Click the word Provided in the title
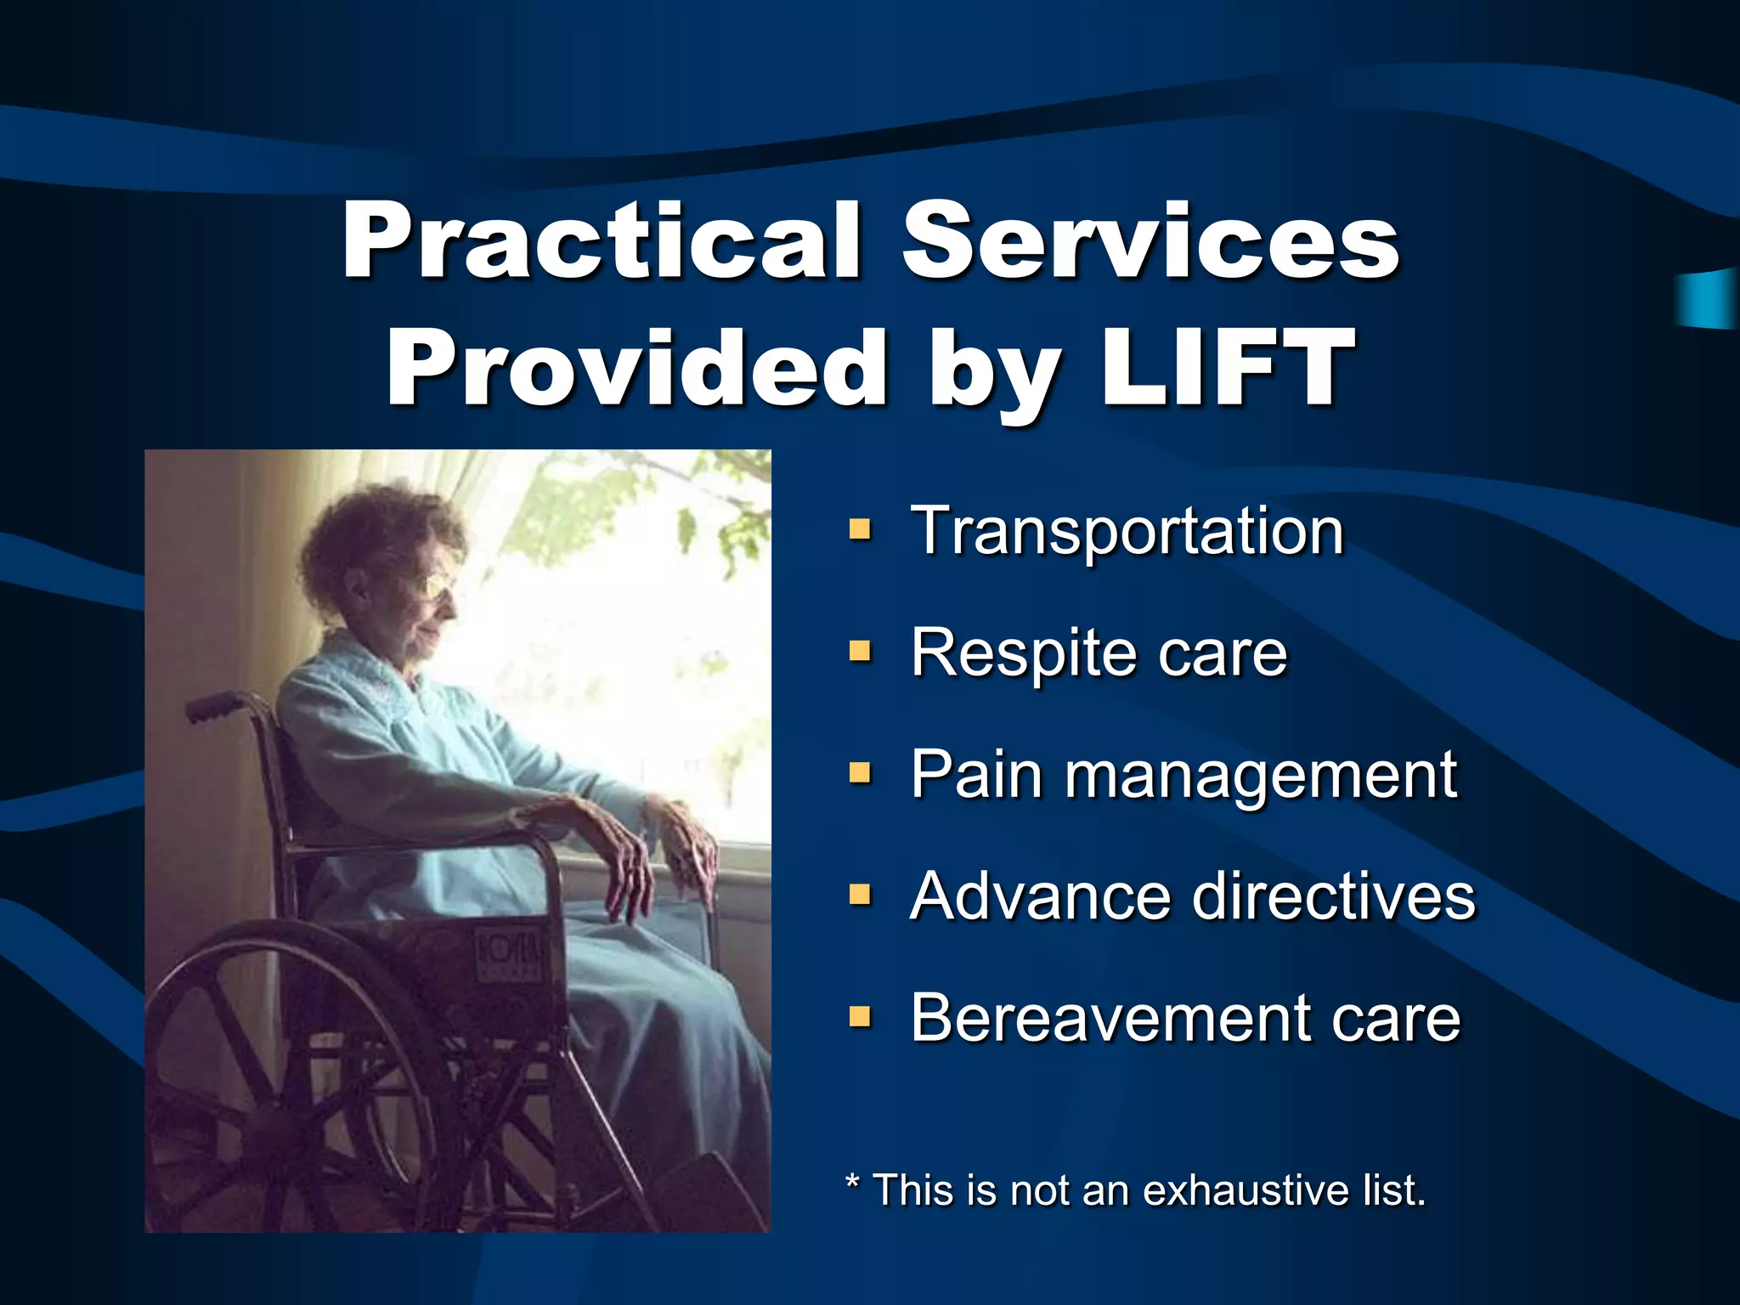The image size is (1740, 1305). click(637, 369)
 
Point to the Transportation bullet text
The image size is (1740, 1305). click(1127, 531)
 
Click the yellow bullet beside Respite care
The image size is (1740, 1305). click(860, 652)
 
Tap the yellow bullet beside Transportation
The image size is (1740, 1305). click(860, 530)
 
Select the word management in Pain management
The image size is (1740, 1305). click(1261, 774)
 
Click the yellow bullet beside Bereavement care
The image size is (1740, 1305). click(860, 1016)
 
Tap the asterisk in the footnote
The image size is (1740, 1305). click(853, 1183)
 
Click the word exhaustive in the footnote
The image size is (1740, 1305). click(1246, 1189)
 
